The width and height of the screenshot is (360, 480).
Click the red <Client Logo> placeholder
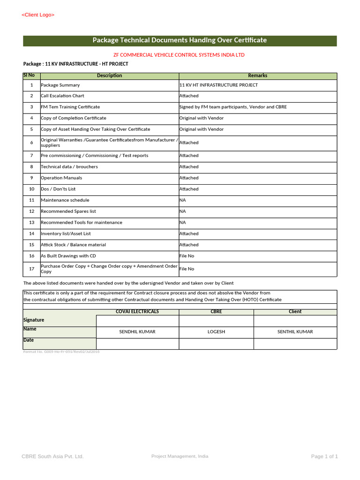(38, 15)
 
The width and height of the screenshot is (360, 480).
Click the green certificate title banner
(180, 40)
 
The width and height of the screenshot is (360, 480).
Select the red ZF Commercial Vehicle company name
(179, 55)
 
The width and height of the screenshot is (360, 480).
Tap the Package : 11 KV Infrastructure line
(75, 64)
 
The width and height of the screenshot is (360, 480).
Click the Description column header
(109, 75)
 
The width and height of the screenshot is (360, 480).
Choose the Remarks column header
(257, 75)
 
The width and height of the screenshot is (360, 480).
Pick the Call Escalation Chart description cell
(62, 96)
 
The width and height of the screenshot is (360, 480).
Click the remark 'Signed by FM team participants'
(233, 107)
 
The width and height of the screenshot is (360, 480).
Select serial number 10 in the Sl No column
(31, 189)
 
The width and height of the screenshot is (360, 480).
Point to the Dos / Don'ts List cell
(58, 189)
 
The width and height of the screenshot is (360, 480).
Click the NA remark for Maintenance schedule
(183, 200)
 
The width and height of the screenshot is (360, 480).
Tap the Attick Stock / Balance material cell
(73, 245)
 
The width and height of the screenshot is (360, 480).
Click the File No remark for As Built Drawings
(187, 256)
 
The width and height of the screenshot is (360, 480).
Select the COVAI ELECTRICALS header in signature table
(137, 312)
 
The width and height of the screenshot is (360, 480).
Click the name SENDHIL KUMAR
(137, 332)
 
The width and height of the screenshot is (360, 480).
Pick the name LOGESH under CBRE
(216, 332)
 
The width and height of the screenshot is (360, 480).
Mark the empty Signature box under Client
(295, 321)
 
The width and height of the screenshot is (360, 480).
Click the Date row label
(29, 340)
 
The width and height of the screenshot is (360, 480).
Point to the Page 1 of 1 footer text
(324, 457)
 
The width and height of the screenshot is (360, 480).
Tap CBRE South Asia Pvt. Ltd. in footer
(52, 457)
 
